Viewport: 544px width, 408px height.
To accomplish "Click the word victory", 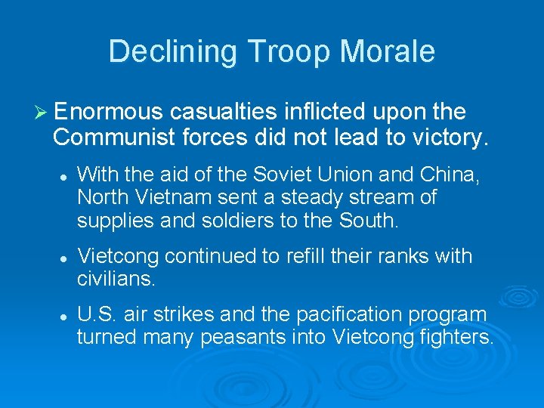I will pos(450,138).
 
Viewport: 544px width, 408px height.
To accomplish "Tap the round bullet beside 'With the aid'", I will pos(65,175).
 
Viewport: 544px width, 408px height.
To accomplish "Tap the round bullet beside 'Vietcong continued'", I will pos(65,257).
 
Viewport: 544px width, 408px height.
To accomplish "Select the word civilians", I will pos(116,280).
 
